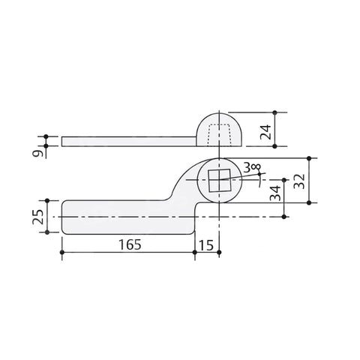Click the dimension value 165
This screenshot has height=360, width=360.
(130, 244)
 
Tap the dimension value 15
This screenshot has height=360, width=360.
(206, 245)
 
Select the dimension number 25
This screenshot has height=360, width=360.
(38, 217)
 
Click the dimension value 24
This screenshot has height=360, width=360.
(265, 132)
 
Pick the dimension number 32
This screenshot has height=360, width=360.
(299, 181)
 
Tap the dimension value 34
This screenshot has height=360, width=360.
(275, 193)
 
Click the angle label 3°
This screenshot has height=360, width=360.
(252, 168)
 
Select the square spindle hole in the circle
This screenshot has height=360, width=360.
(220, 180)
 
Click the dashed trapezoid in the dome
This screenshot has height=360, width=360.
(219, 135)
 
